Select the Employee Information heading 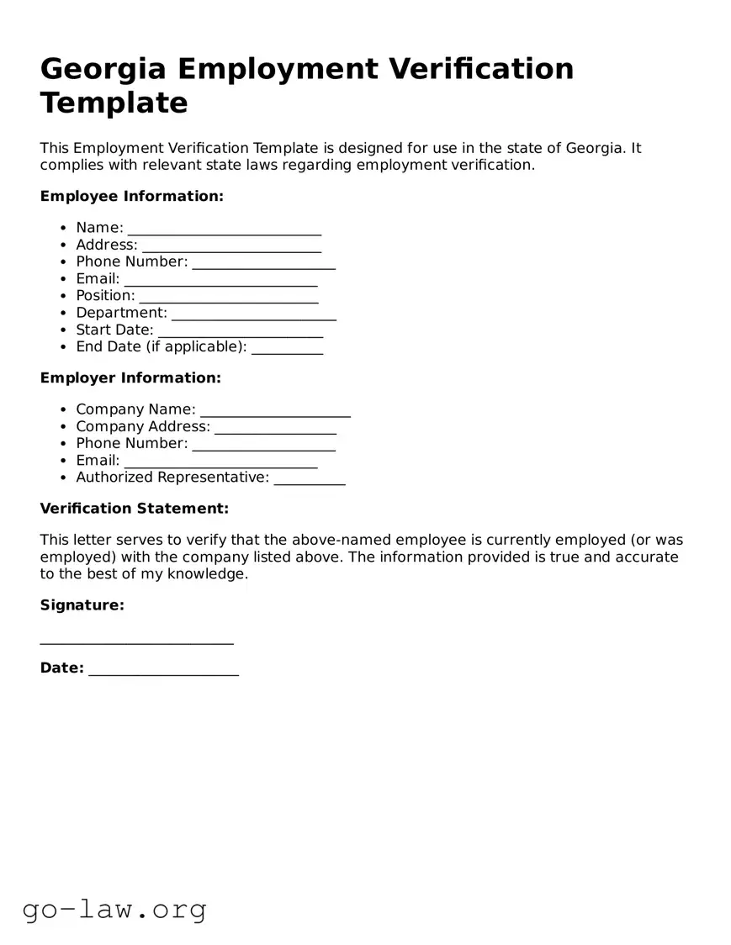click(132, 196)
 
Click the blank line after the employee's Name click(225, 230)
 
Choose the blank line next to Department click(254, 315)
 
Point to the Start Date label click(114, 330)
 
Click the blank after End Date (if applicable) click(287, 349)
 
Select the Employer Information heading click(130, 377)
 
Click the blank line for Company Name click(275, 412)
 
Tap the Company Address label click(143, 426)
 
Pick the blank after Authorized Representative click(310, 480)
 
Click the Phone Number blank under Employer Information click(263, 446)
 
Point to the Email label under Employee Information click(98, 278)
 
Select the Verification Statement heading click(135, 508)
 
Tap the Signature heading click(82, 604)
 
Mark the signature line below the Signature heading click(136, 642)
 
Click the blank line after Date click(163, 671)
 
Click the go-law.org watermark click(114, 909)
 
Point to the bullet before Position click(64, 296)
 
